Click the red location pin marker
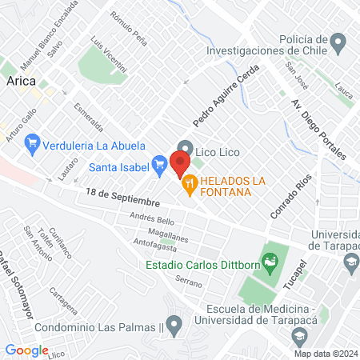[180, 164]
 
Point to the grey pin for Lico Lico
[185, 148]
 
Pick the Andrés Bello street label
[152, 220]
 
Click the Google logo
[26, 350]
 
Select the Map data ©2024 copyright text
[324, 353]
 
